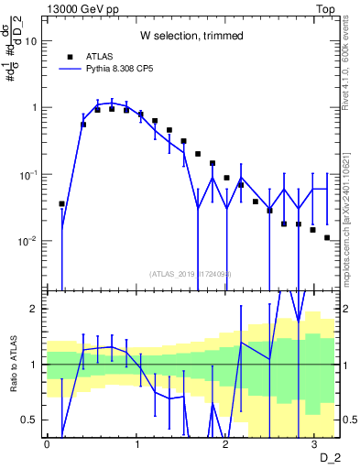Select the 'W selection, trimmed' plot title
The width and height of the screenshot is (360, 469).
191,36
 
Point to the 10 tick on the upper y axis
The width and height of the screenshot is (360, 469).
31,41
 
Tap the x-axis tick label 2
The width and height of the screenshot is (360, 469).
224,443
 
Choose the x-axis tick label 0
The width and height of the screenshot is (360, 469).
47,443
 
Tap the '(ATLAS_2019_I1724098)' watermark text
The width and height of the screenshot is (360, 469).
191,273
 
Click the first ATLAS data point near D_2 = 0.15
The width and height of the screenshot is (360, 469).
61,203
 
